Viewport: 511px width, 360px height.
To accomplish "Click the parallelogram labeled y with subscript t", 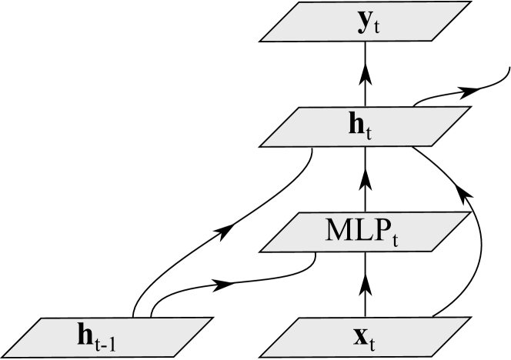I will point(365,21).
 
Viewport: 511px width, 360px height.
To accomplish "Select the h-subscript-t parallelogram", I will point(365,126).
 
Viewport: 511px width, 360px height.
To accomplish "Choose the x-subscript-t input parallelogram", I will point(365,338).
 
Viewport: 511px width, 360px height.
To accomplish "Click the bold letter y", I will point(361,23).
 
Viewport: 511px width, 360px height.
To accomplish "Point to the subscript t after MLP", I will point(394,238).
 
